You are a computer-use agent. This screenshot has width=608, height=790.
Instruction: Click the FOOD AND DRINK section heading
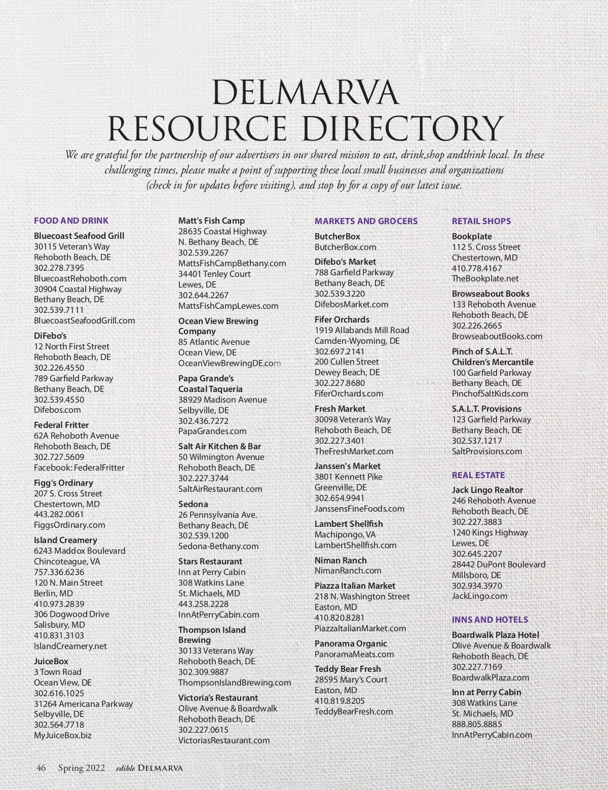71,221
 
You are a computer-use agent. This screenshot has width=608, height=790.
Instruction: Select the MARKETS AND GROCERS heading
366,221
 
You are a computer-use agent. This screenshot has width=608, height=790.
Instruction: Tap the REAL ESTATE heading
478,475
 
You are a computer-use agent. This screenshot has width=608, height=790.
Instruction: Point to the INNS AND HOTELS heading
489,620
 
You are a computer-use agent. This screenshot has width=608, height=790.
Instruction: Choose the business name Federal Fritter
61,425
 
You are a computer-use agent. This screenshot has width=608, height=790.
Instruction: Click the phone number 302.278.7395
59,268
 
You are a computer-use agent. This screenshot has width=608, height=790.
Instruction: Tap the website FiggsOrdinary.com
69,525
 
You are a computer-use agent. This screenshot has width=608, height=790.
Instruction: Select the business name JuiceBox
51,661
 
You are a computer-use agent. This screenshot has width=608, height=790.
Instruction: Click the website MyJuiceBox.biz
63,735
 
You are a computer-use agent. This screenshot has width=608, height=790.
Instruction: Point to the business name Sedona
193,504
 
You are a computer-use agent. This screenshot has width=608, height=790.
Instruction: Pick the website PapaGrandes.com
212,431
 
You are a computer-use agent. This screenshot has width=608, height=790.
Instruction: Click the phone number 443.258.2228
203,604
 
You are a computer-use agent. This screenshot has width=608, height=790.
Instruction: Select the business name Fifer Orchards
342,319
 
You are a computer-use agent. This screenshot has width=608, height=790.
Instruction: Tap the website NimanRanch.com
348,570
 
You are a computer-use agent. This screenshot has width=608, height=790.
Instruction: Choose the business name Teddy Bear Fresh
348,669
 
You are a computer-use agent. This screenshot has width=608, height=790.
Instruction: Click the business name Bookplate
472,236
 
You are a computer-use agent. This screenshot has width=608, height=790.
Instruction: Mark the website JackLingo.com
479,596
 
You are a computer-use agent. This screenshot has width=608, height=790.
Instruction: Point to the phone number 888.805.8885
477,724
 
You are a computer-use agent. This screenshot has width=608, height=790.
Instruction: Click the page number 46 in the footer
41,768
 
